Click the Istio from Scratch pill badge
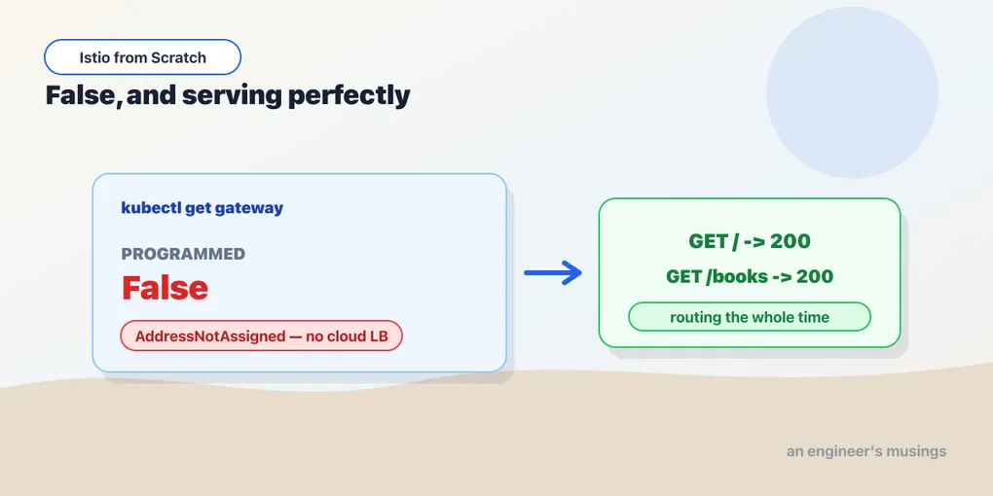point(142,57)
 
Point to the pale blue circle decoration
point(852,92)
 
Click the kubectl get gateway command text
point(202,208)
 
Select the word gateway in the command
point(249,209)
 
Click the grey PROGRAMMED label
point(183,255)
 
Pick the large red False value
point(165,288)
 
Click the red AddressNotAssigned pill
point(262,336)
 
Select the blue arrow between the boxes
point(553,272)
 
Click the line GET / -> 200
point(750,241)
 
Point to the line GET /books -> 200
point(750,276)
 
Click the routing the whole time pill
point(750,317)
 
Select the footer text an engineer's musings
point(866,451)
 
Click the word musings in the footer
point(916,452)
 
